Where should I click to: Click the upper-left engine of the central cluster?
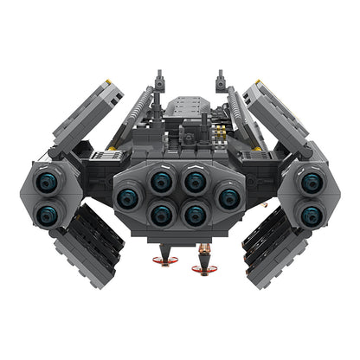click(161, 182)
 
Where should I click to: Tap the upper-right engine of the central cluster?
click(195, 182)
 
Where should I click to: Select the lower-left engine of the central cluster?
click(161, 213)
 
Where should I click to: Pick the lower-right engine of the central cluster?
click(195, 213)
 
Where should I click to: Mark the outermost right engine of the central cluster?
click(228, 197)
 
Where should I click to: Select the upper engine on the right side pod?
click(310, 183)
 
